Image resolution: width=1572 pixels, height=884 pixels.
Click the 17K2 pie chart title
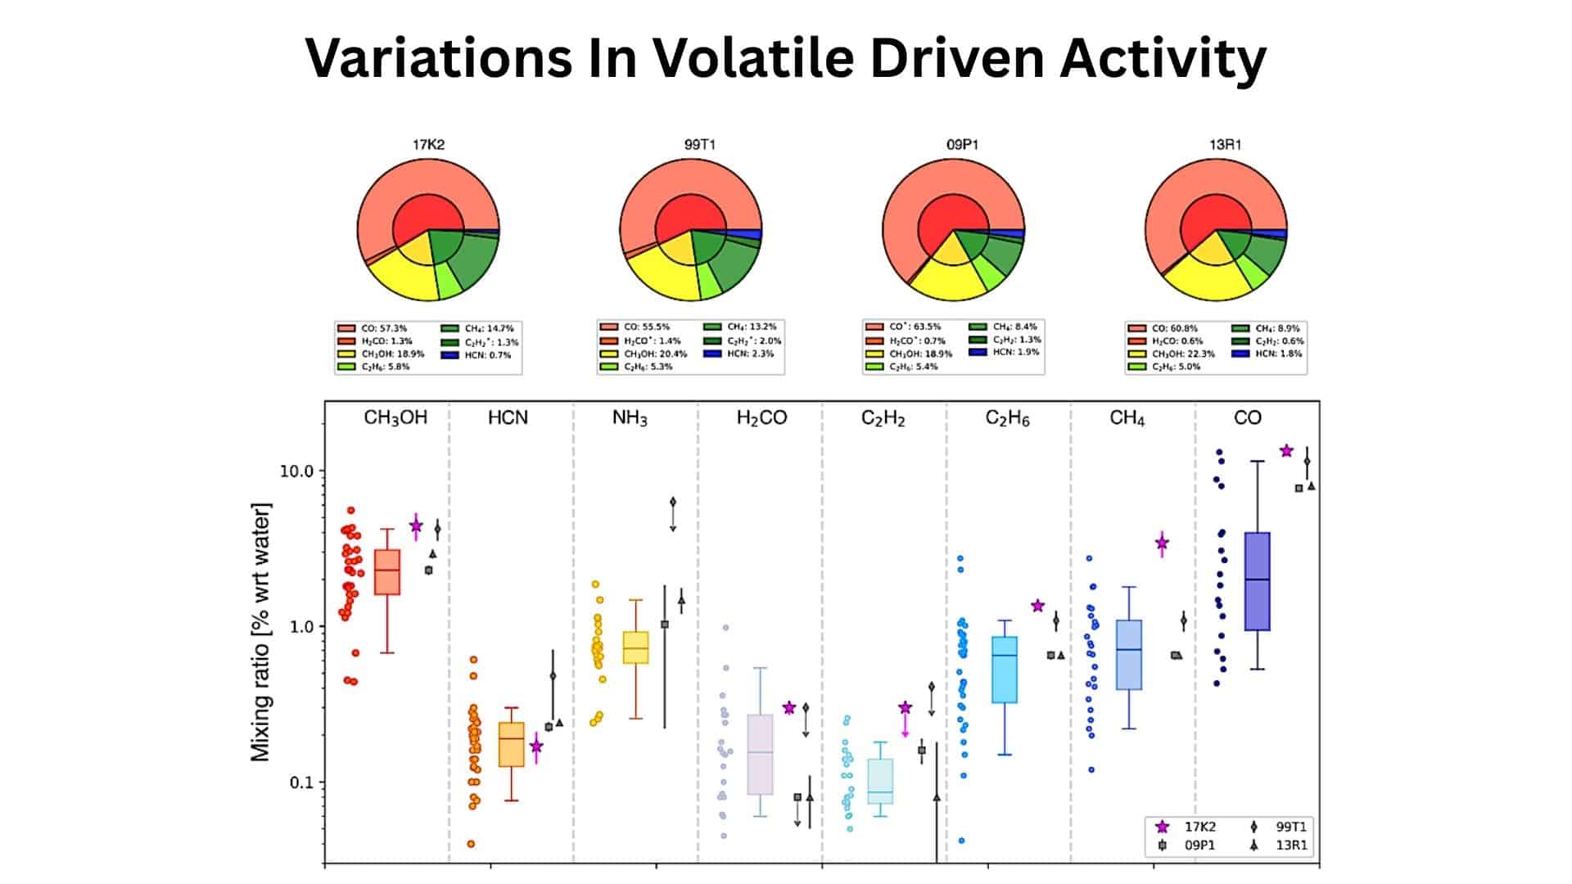428,145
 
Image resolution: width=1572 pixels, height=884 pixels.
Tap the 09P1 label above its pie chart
962,145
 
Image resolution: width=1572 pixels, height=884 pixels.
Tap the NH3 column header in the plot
630,418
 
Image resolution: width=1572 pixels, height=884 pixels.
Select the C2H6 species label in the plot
1007,418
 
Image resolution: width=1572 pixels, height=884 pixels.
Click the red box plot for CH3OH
387,572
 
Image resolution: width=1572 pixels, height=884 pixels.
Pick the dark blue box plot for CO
1257,581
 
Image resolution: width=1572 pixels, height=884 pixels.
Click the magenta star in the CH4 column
1162,543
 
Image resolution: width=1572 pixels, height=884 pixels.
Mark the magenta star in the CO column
1286,451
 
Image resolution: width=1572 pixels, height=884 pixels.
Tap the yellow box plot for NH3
636,647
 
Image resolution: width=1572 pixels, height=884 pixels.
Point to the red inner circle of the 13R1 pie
1214,219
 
